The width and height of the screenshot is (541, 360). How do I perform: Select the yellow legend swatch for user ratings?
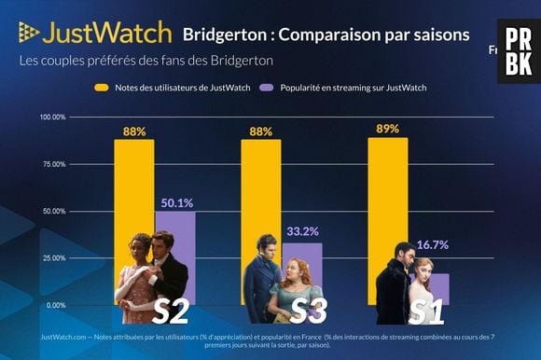coord(104,87)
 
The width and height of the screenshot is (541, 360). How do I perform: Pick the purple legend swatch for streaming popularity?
coord(265,87)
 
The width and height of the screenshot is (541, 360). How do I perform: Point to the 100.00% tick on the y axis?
coord(52,117)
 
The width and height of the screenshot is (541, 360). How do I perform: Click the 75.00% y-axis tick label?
coord(53,164)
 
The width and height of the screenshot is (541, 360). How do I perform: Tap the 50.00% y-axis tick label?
coord(53,211)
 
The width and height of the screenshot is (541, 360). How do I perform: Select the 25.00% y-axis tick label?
coord(53,258)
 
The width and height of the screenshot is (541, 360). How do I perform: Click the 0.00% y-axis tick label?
coord(55,305)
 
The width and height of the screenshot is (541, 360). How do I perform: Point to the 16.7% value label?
coord(430,245)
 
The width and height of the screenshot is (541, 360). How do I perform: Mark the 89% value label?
coord(387,129)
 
